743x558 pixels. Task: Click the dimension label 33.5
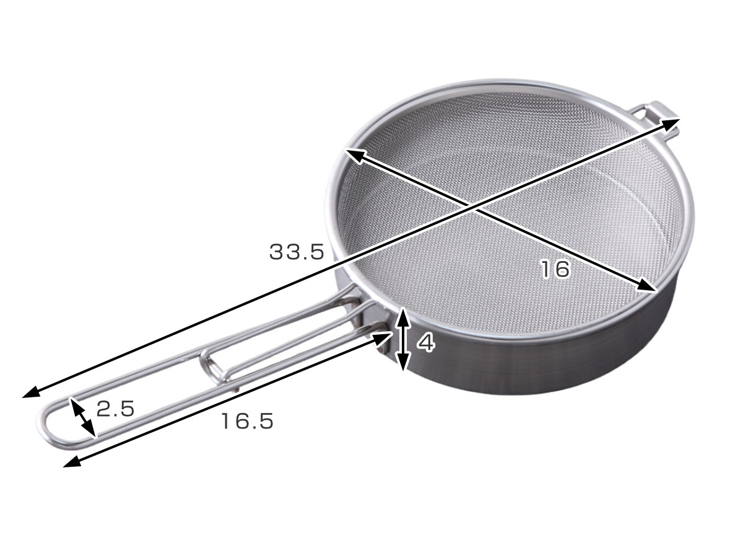(x=297, y=252)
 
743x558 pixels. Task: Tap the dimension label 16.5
(x=247, y=421)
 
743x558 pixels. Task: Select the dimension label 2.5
(x=115, y=409)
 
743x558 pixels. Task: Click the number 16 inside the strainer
(x=555, y=269)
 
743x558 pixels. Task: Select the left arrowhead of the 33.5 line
(x=31, y=392)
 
